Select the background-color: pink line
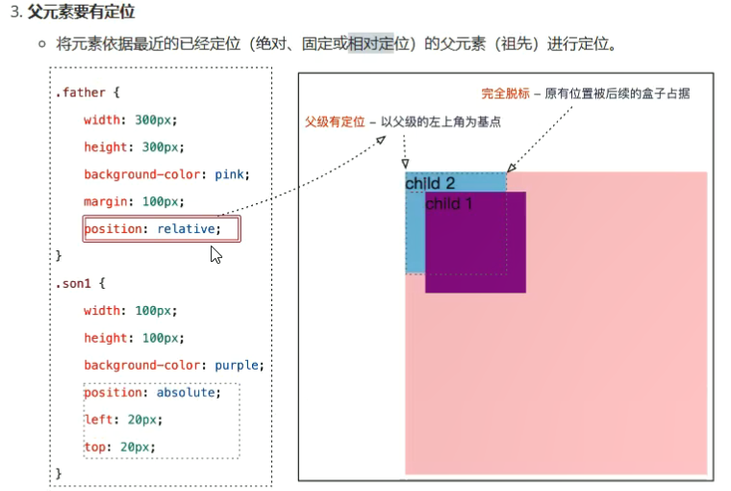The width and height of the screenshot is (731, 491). pos(166,174)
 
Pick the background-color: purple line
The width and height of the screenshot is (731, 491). pos(173,366)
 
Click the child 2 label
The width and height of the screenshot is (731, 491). pos(430,183)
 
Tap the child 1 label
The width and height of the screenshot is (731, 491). pos(449,204)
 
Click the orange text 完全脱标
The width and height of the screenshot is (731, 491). pos(506,94)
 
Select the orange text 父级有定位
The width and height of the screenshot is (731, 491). pos(334,122)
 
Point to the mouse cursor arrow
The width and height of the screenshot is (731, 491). pos(216,255)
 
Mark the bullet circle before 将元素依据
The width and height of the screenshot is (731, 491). pos(42,45)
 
